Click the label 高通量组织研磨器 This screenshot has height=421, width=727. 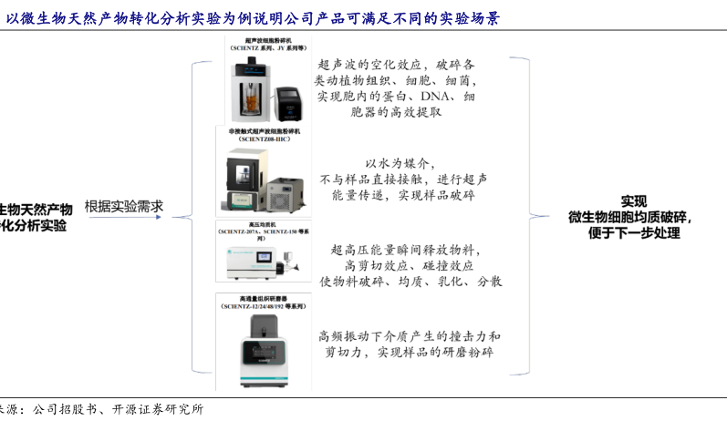(x=265, y=298)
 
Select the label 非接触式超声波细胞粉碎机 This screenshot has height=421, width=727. (x=265, y=130)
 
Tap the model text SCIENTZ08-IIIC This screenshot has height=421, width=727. (x=265, y=139)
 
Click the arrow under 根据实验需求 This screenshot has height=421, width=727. (x=124, y=219)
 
